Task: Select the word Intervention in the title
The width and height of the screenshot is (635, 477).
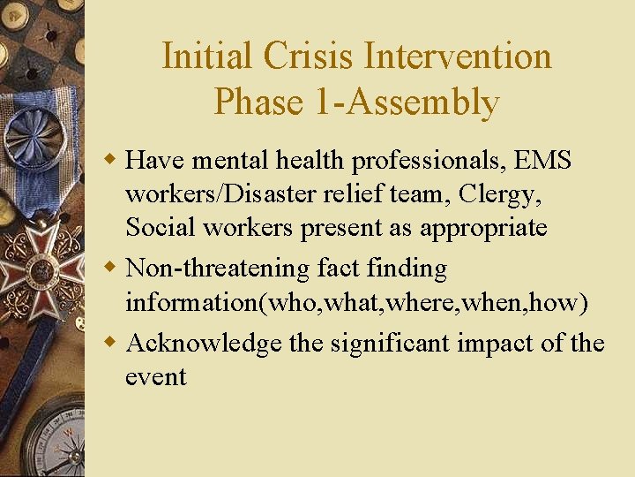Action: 459,57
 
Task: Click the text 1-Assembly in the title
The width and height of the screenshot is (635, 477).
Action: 412,102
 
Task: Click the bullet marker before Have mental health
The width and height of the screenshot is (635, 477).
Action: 111,161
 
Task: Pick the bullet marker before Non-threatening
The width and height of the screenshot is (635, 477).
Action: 111,268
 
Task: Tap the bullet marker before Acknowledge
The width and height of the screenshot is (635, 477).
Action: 111,343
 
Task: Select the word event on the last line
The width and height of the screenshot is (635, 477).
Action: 156,378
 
